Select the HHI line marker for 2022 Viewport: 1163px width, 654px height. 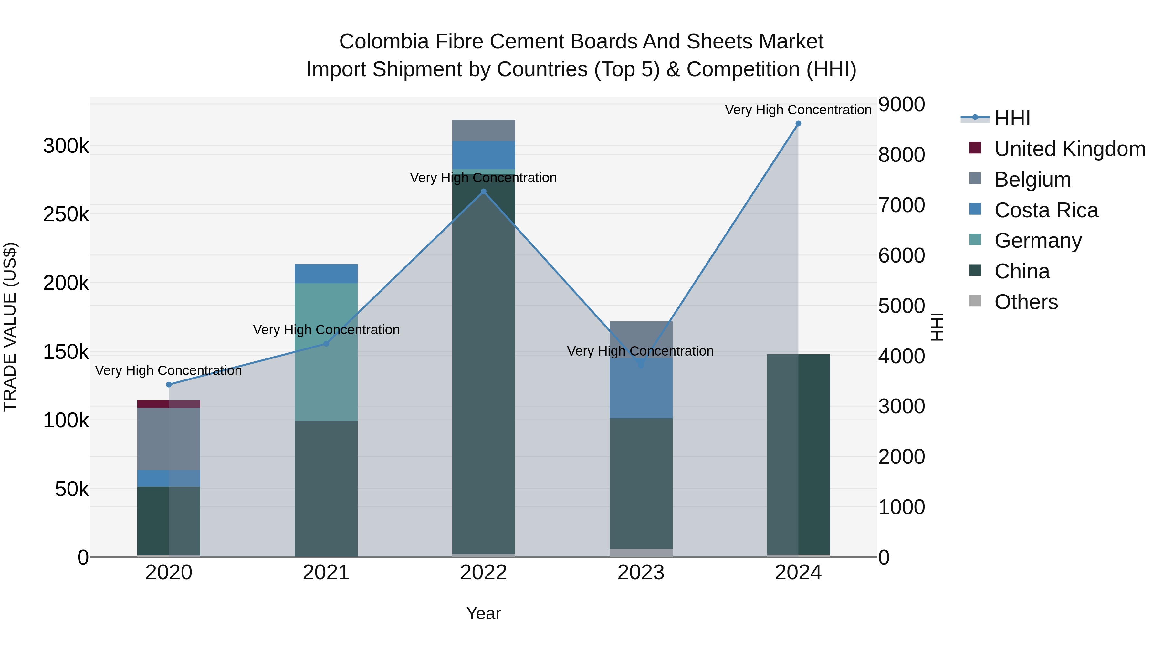pos(483,192)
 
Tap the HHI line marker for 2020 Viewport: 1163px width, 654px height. pos(169,385)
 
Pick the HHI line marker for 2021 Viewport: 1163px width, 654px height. pos(326,344)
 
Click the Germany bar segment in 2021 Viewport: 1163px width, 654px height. pos(326,352)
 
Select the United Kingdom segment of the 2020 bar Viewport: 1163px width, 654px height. pos(169,404)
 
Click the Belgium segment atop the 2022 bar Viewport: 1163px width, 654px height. pos(483,130)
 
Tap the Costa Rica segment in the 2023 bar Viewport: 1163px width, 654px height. pos(641,388)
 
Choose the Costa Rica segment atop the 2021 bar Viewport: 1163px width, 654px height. pos(326,274)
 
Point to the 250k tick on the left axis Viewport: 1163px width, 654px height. pos(66,215)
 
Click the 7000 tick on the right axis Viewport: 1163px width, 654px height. pos(901,205)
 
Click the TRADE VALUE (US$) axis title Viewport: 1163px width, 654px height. pos(10,327)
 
